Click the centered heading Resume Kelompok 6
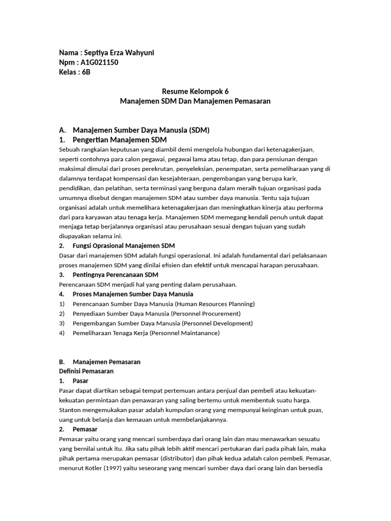tap(195, 92)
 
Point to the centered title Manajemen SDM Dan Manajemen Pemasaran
tap(195, 101)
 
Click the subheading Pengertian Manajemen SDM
tap(120, 140)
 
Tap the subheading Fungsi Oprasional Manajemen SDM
tap(124, 246)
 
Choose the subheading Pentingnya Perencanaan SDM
tap(116, 275)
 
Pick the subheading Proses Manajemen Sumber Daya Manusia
tap(133, 294)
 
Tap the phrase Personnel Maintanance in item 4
tap(181, 333)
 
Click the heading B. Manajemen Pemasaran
tap(106, 362)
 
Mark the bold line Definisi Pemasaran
tap(87, 371)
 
